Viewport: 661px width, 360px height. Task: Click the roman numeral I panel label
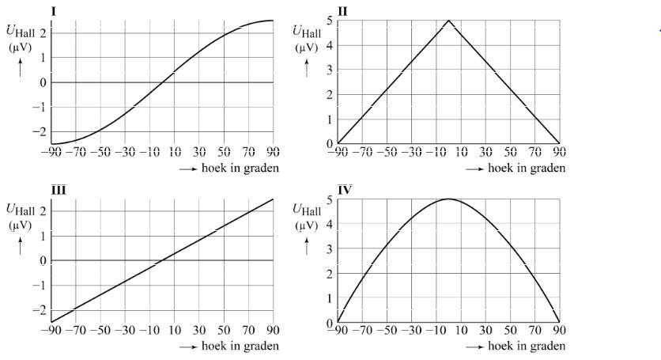click(x=54, y=11)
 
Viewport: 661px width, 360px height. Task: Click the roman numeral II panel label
click(x=342, y=11)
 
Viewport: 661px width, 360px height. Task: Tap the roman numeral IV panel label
click(x=344, y=188)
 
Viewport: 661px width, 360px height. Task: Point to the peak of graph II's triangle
click(x=448, y=21)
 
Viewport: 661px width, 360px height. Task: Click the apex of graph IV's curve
click(x=448, y=199)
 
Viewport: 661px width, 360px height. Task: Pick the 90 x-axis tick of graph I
click(x=273, y=153)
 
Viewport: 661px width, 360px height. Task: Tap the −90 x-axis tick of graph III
click(x=53, y=331)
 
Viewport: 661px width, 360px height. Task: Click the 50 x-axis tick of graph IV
click(x=510, y=331)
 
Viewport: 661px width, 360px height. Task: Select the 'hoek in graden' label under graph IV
click(x=526, y=346)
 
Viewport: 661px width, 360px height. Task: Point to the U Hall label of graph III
click(x=21, y=209)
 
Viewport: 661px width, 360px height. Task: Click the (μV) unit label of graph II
click(x=305, y=47)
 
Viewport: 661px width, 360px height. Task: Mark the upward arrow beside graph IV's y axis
click(x=306, y=245)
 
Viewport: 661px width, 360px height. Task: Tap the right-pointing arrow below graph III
click(x=188, y=347)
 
